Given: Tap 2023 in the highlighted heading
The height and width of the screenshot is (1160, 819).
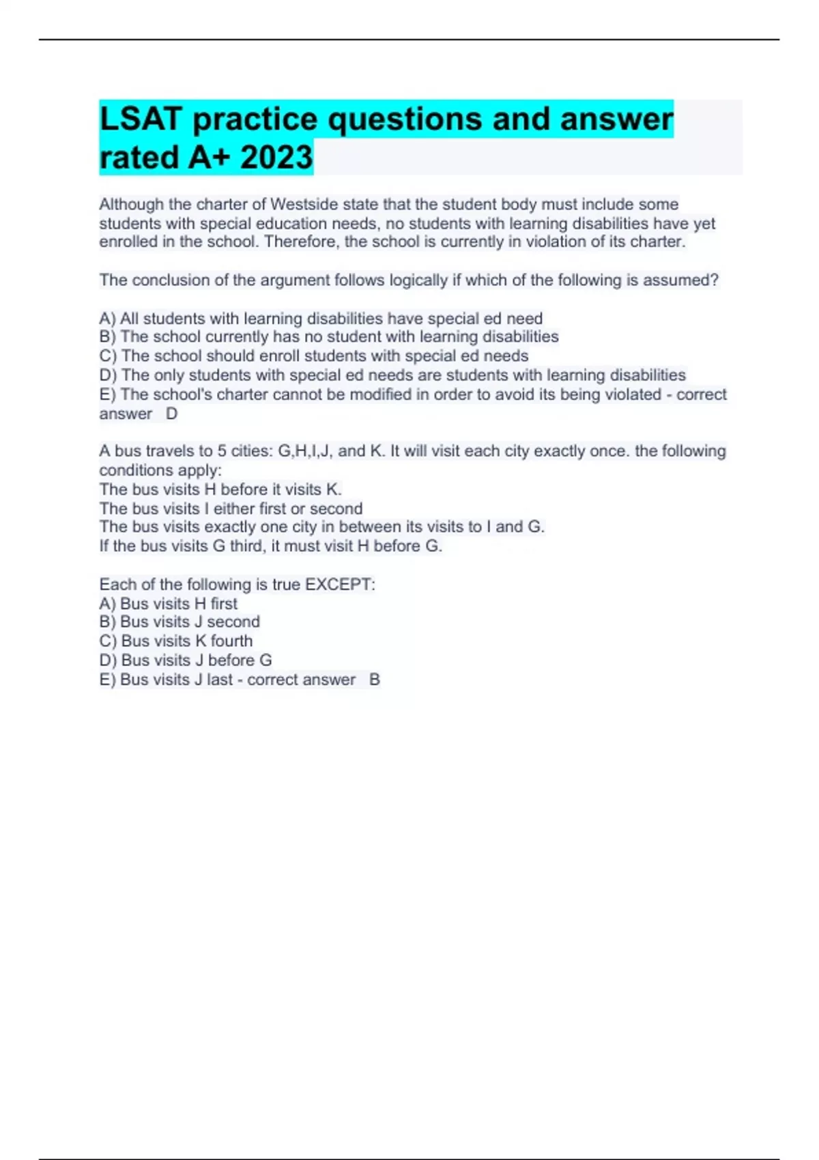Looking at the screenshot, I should [x=276, y=158].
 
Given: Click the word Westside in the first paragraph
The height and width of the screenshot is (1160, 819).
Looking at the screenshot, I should [x=304, y=204].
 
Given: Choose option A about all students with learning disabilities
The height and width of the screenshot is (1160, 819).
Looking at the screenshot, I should [x=321, y=319].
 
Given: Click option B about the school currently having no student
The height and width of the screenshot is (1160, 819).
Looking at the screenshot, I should [x=329, y=337].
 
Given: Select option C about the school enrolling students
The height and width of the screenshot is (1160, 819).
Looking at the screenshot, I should [x=314, y=356].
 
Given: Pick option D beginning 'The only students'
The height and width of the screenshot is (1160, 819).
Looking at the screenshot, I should [x=392, y=375].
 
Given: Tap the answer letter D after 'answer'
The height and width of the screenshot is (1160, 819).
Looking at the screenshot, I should [x=172, y=414].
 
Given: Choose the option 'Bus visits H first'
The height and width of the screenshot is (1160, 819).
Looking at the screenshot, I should [x=169, y=604].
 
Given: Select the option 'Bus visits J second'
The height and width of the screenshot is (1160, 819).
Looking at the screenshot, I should [x=179, y=622].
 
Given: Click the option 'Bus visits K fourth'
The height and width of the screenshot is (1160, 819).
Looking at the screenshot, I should [x=176, y=641].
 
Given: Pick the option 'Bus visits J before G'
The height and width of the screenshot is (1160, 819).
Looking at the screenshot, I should [x=186, y=661].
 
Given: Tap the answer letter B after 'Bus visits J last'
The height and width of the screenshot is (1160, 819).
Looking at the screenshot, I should [x=374, y=680].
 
